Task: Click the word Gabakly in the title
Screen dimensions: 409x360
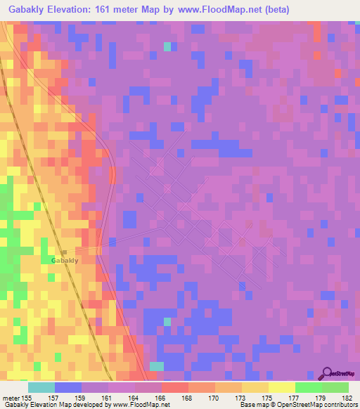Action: coord(27,11)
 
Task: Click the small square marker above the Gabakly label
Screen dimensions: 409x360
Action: coord(63,251)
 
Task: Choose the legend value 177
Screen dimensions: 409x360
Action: coord(295,397)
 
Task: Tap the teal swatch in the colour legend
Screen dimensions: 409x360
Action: coord(41,387)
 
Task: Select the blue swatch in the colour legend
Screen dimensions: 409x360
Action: coord(67,387)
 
